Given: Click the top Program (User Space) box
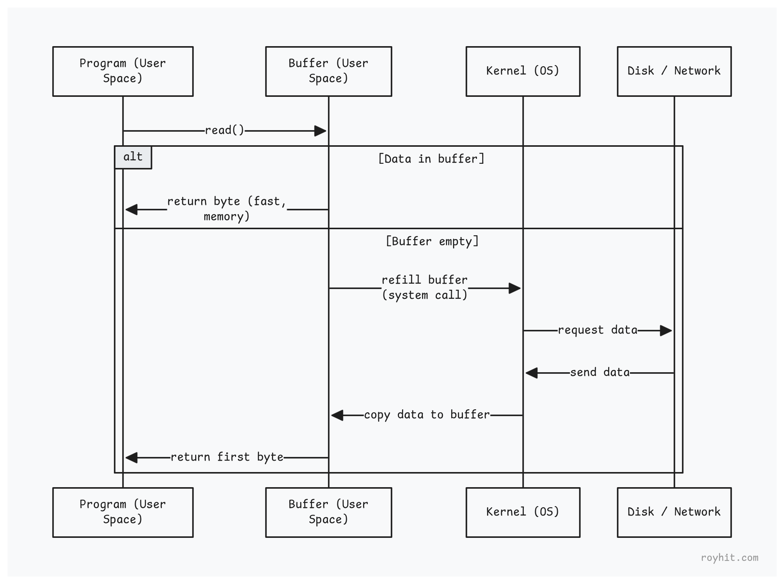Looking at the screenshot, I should (123, 71).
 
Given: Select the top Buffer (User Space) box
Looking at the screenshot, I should (328, 71).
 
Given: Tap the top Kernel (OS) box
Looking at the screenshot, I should (523, 71).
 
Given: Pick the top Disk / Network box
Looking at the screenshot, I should (674, 71).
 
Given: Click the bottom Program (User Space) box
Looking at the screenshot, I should (123, 512).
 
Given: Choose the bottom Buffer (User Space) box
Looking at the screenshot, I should (328, 512).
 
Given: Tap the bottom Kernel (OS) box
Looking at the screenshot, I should (523, 512).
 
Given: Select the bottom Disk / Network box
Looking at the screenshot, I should (674, 512).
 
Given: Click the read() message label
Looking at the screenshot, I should (225, 130).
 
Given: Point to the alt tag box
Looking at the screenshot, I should (133, 157).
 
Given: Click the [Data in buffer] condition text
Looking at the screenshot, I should (431, 159).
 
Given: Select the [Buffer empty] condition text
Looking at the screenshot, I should (432, 241).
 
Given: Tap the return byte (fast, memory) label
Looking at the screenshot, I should (227, 209).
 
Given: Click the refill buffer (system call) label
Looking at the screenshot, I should (425, 287).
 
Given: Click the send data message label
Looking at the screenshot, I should (600, 373).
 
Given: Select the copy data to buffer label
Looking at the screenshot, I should (427, 415).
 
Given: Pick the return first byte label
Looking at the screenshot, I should (227, 457).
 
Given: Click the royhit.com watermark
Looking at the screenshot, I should (729, 558).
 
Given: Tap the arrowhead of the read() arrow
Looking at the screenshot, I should (321, 131).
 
